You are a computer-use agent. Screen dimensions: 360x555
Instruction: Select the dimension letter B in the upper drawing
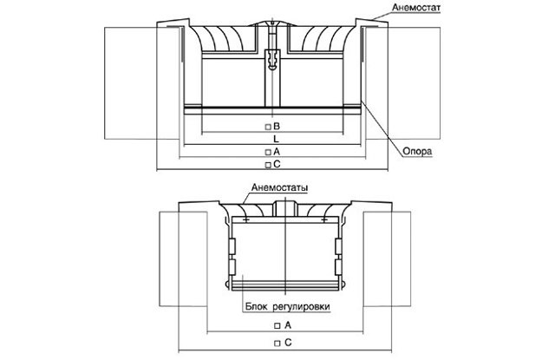click(x=277, y=126)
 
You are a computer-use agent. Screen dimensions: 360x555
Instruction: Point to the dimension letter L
click(x=275, y=139)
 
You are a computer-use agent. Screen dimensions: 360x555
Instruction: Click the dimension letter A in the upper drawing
click(x=277, y=151)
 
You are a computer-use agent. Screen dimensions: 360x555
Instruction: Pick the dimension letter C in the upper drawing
click(x=277, y=163)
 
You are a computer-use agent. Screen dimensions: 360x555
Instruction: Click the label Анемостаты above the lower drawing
click(x=279, y=188)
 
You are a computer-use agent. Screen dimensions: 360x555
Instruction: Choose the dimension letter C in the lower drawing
click(x=286, y=344)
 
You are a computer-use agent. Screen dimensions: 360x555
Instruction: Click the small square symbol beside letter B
click(x=268, y=127)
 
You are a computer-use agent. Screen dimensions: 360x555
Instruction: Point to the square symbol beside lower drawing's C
click(x=276, y=344)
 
